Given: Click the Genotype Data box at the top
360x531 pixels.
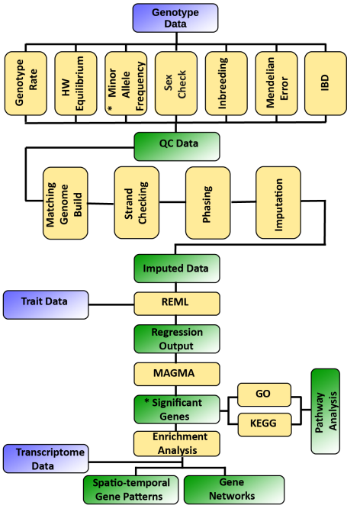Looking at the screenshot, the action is click(175, 18).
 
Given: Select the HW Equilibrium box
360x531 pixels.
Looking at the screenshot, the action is click(76, 83).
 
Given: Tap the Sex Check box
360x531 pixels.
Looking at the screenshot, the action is click(175, 83).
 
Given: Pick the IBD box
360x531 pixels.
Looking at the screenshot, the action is click(326, 83).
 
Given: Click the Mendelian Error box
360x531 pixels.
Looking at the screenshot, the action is click(276, 83).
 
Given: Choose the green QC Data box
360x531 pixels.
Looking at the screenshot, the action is click(177, 146).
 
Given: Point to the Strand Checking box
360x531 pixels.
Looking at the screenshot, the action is click(137, 202).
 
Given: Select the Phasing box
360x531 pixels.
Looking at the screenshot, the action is click(208, 202).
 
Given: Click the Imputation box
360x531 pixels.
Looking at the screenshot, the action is click(278, 202).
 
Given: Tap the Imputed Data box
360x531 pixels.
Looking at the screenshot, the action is click(177, 269).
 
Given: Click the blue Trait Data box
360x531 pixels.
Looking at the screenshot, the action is click(46, 304).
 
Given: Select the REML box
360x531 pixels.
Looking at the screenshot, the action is click(177, 304).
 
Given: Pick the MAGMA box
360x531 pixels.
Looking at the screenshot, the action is click(177, 374).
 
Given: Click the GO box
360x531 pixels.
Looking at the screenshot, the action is click(264, 394).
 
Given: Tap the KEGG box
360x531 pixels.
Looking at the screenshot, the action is click(265, 424).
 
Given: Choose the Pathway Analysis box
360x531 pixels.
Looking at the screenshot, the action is click(325, 411).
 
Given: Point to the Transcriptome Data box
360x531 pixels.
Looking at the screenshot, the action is click(46, 459).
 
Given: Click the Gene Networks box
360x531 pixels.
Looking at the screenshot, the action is click(234, 490).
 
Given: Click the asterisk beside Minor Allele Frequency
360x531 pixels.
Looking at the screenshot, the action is click(110, 108).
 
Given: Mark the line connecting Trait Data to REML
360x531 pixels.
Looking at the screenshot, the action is click(111, 304).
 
